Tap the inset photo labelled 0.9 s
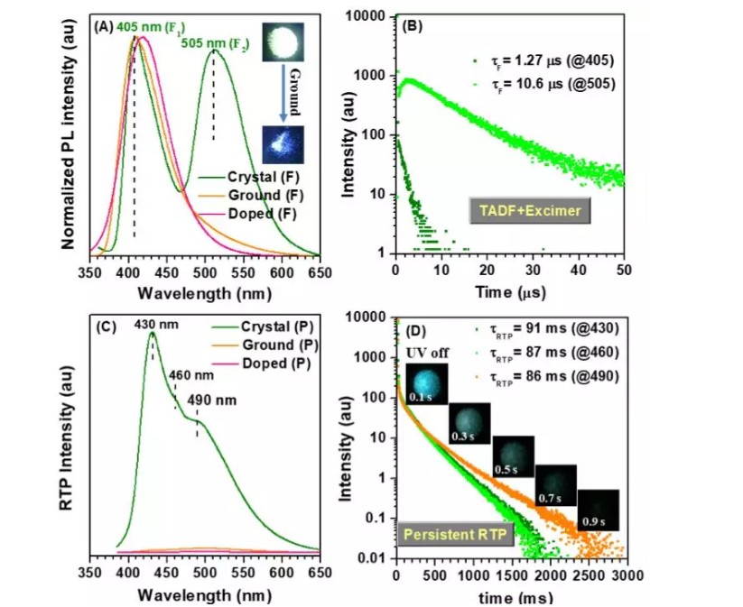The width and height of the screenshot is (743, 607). (x=598, y=510)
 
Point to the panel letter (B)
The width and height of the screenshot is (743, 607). (x=413, y=27)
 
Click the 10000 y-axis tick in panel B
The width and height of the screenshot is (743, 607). (x=371, y=16)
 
